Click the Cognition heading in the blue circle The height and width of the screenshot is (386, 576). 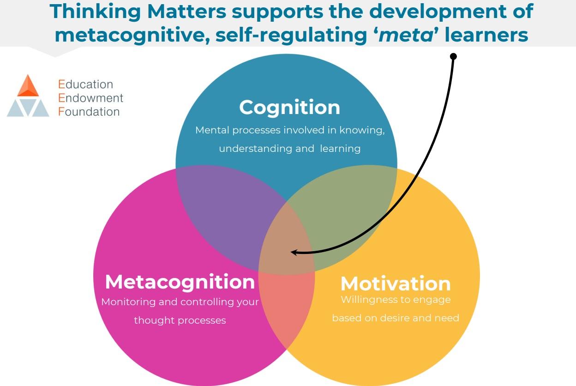click(289, 107)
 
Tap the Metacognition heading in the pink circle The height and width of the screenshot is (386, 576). click(180, 282)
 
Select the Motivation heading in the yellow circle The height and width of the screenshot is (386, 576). click(396, 283)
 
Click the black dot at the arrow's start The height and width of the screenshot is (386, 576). click(453, 56)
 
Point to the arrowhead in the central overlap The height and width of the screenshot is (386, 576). click(294, 252)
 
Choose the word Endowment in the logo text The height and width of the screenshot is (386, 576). click(91, 98)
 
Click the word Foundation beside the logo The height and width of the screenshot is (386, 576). click(89, 112)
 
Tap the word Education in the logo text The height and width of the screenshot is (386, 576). click(86, 84)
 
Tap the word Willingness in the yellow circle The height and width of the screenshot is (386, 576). click(368, 300)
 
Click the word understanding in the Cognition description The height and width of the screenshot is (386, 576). click(249, 149)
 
